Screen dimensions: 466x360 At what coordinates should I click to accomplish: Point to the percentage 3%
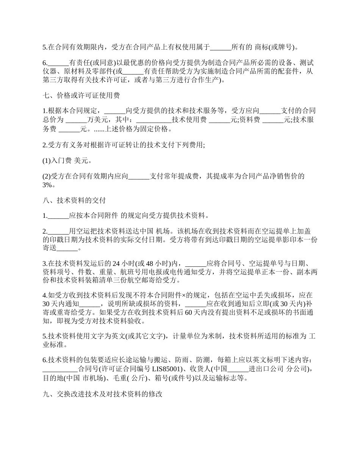click(49, 185)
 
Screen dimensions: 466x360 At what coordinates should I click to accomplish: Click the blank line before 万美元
click(76, 120)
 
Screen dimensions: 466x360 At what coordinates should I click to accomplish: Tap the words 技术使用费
click(190, 120)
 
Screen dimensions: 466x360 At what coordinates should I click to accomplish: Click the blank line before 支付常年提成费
click(139, 176)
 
